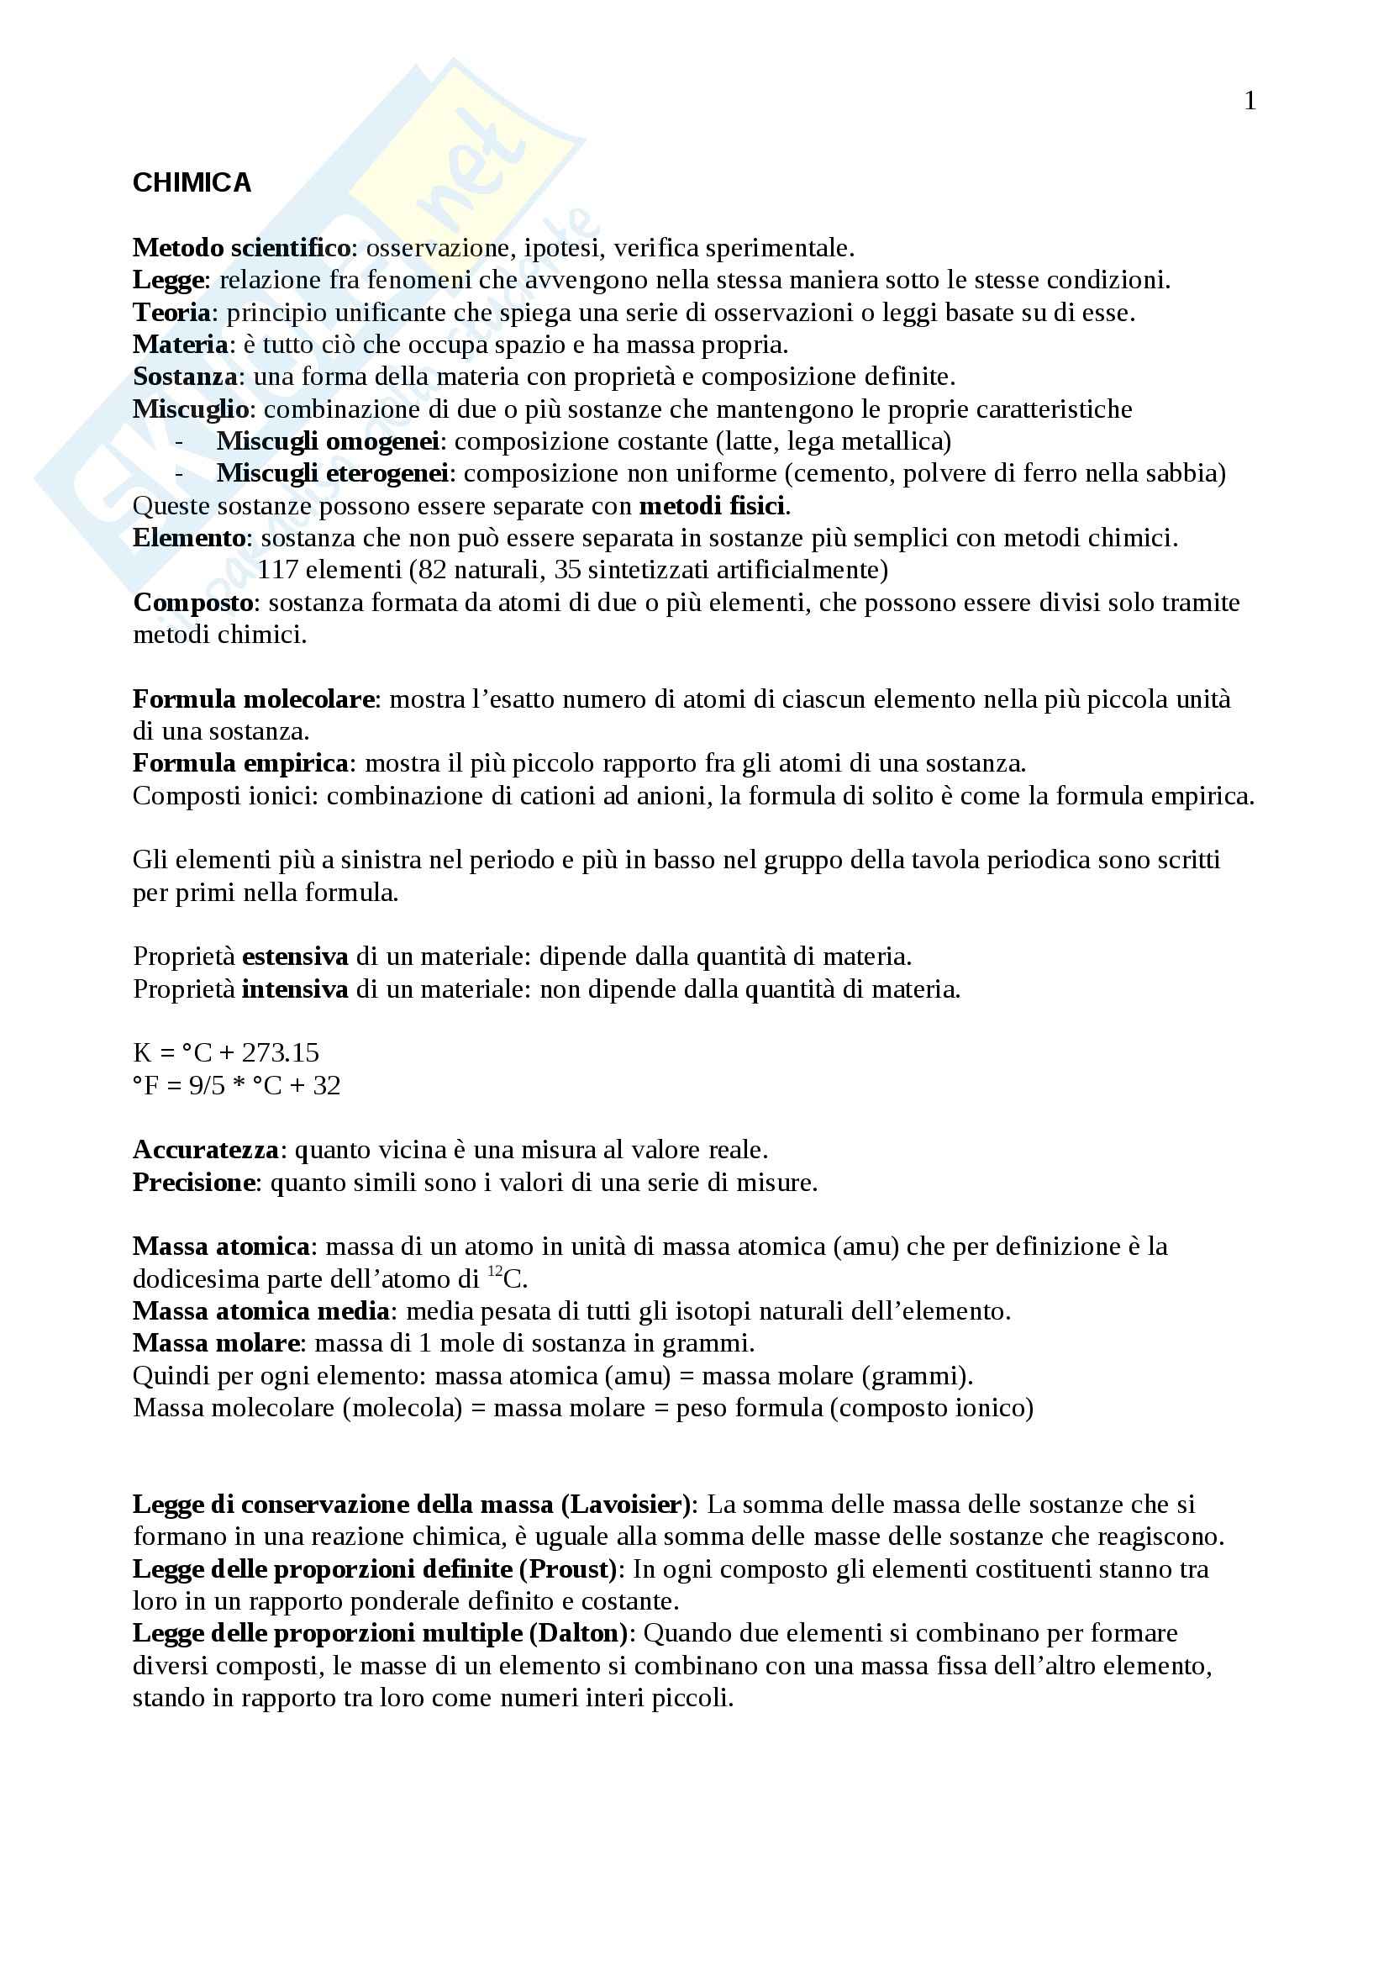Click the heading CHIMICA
click(x=192, y=183)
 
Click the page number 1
click(x=1250, y=102)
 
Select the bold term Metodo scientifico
click(x=241, y=248)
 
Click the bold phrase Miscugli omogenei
click(x=328, y=442)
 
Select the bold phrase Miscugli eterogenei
click(x=332, y=473)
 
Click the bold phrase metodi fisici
click(x=712, y=506)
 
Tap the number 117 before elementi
click(x=277, y=569)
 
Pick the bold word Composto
click(x=193, y=603)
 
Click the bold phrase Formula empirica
click(x=240, y=763)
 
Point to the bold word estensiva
click(x=295, y=957)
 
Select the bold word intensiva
click(x=295, y=990)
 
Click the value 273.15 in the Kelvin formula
click(x=281, y=1053)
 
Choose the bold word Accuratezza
click(x=205, y=1150)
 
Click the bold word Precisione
click(x=194, y=1183)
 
